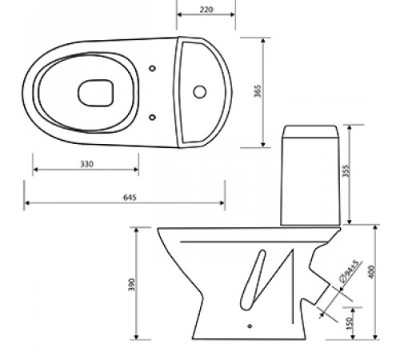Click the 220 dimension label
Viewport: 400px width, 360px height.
pos(206,10)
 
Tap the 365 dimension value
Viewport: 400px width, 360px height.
pos(258,91)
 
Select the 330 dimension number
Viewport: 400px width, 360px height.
pos(87,164)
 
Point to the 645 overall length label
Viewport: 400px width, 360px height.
pos(130,198)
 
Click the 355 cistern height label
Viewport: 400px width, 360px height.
pos(346,171)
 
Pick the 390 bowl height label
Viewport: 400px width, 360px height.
pos(132,285)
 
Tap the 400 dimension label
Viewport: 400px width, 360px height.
pos(371,272)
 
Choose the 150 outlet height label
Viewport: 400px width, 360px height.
pos(349,323)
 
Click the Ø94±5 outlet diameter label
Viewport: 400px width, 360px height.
pos(350,271)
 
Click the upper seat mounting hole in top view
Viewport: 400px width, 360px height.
pos(152,68)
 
